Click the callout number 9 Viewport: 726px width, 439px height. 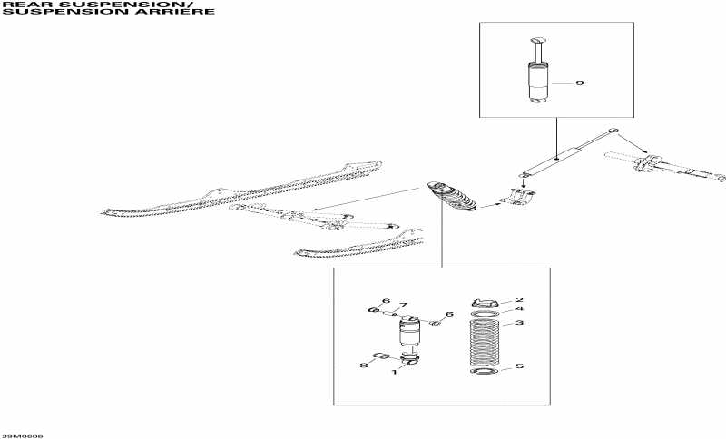click(x=580, y=83)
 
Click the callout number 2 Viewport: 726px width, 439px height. click(x=519, y=299)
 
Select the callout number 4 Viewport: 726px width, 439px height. click(x=519, y=309)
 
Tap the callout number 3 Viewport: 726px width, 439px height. click(x=519, y=323)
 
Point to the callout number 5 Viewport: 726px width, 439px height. click(x=519, y=366)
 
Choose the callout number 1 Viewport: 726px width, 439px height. click(x=395, y=372)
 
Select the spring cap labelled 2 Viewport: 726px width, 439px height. click(x=486, y=303)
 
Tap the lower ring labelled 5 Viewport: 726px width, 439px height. click(x=486, y=372)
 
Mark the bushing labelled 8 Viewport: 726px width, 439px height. click(x=381, y=356)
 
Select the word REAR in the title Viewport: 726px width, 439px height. click(x=19, y=5)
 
